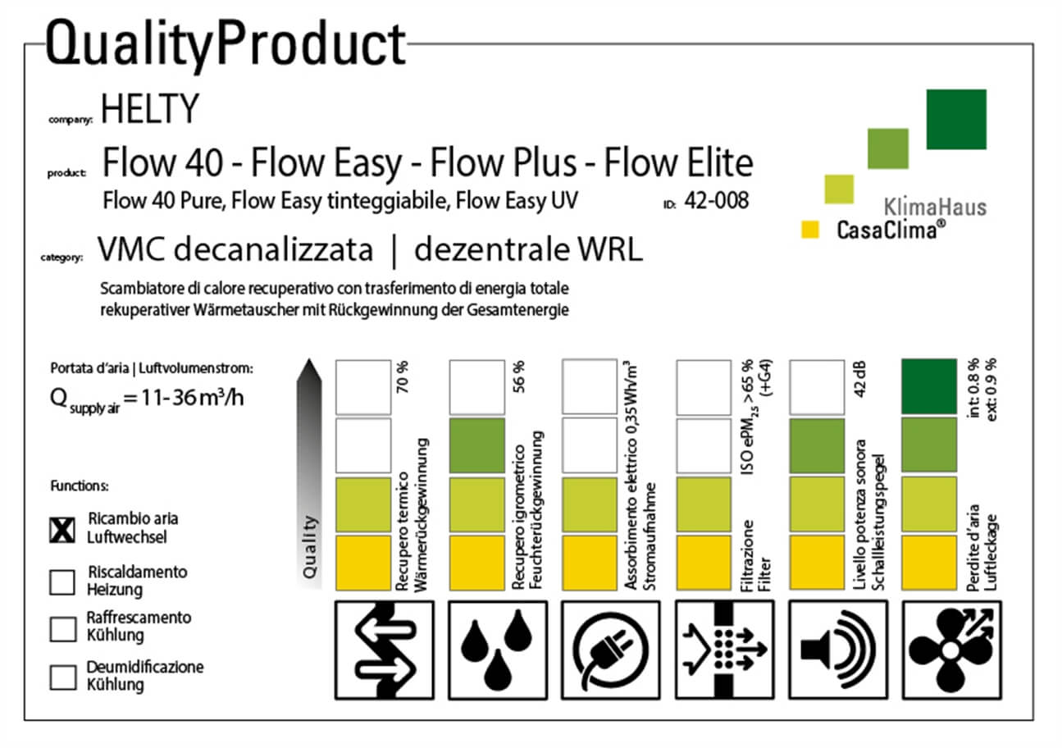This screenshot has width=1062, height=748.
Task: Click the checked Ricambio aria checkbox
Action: [x=62, y=530]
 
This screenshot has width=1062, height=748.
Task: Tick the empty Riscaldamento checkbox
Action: [x=62, y=582]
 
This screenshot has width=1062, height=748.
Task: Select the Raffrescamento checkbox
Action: [x=63, y=630]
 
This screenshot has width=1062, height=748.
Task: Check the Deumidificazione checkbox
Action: [x=63, y=677]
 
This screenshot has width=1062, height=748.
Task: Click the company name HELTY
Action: [x=150, y=108]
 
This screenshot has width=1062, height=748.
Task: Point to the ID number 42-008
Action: [x=717, y=200]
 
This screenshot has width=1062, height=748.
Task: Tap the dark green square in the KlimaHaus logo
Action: [x=956, y=120]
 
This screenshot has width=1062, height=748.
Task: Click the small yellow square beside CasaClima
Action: [x=810, y=230]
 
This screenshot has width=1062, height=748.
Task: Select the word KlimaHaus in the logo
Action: [x=935, y=208]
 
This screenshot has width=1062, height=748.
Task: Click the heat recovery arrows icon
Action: [x=385, y=650]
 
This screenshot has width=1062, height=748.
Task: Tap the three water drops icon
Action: [x=498, y=650]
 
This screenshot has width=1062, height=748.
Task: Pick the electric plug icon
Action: [x=611, y=650]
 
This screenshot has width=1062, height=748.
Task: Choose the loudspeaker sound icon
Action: [x=838, y=650]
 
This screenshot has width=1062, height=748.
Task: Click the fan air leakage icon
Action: [x=952, y=650]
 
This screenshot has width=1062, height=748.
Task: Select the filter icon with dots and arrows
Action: [x=725, y=650]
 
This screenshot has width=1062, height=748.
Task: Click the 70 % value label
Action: [x=403, y=377]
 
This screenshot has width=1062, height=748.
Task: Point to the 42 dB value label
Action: [x=859, y=380]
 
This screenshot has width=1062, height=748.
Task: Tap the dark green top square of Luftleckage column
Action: [x=929, y=386]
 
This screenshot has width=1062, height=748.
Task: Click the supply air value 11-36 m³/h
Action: [x=193, y=397]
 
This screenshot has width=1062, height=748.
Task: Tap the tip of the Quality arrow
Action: [x=309, y=359]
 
